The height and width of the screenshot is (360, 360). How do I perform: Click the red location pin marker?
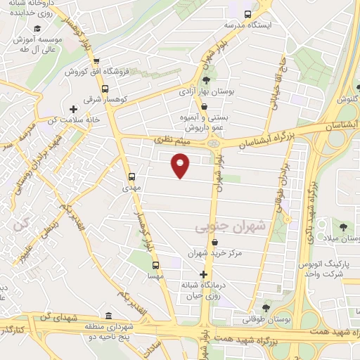pyautogui.click(x=181, y=165)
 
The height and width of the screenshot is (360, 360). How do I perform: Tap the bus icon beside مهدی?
pyautogui.click(x=132, y=176)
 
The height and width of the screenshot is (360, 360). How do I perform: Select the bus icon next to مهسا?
pyautogui.click(x=156, y=266)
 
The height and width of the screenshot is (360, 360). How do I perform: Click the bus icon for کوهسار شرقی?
pyautogui.click(x=105, y=89)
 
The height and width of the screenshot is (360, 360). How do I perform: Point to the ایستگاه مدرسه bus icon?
pyautogui.click(x=247, y=14)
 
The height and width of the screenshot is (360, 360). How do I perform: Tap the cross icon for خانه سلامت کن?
pyautogui.click(x=73, y=108)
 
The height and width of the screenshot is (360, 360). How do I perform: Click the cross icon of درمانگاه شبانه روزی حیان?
pyautogui.click(x=204, y=274)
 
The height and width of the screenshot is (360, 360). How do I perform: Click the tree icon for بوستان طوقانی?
pyautogui.click(x=265, y=307)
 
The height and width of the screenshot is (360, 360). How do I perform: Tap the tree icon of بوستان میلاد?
pyautogui.click(x=342, y=226)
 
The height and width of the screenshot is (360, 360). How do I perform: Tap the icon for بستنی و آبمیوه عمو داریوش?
pyautogui.click(x=204, y=107)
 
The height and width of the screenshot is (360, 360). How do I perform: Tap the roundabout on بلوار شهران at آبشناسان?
pyautogui.click(x=213, y=143)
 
